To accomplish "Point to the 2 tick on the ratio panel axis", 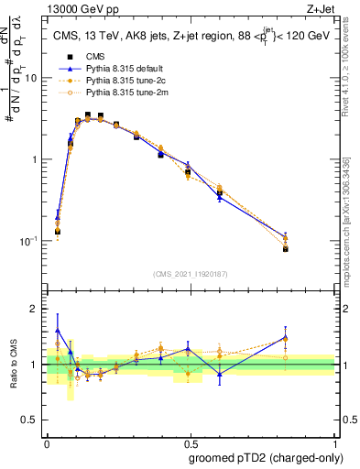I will (36, 309).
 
